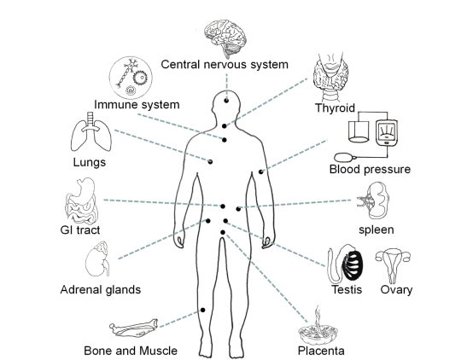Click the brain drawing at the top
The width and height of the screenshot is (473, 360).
pos(225,36)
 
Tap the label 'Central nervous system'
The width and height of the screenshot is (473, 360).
pos(225,65)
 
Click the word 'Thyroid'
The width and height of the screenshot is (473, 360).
pos(335,108)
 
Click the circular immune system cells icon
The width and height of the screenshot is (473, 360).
pos(131,77)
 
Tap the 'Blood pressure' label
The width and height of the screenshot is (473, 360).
pos(370,169)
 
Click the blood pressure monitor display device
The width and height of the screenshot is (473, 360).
pos(387,133)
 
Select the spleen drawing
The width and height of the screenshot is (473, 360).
pos(374,200)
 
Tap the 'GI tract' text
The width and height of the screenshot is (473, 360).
pos(80,230)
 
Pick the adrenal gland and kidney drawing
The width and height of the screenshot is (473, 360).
pos(97,258)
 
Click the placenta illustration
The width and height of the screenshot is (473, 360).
pos(318,327)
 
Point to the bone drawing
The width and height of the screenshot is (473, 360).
pos(134,328)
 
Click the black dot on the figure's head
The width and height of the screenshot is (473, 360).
pos(226,101)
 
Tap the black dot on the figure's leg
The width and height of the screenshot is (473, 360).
pos(203,310)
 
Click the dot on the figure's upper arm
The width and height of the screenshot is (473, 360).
pos(261,171)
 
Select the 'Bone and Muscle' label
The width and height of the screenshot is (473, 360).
pos(131,351)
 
